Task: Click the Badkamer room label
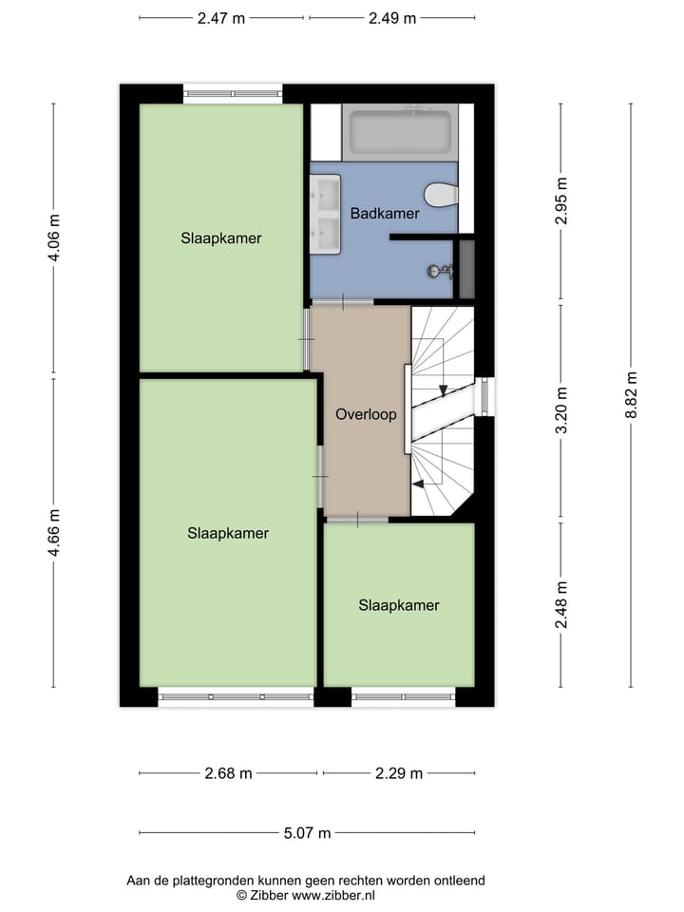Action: click(385, 214)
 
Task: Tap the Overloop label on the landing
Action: click(366, 414)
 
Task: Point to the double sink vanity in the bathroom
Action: click(326, 216)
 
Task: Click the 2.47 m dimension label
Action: click(220, 18)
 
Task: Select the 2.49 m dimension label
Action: click(391, 18)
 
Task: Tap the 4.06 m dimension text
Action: click(54, 237)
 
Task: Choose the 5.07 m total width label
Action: click(307, 833)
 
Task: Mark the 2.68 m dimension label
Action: click(228, 773)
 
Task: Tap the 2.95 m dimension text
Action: click(561, 200)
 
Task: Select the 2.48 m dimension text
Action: click(561, 605)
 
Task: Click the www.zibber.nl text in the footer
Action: click(332, 895)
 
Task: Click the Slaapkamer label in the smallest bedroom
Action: click(399, 605)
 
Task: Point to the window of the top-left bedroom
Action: click(233, 93)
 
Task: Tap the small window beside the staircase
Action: click(484, 397)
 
